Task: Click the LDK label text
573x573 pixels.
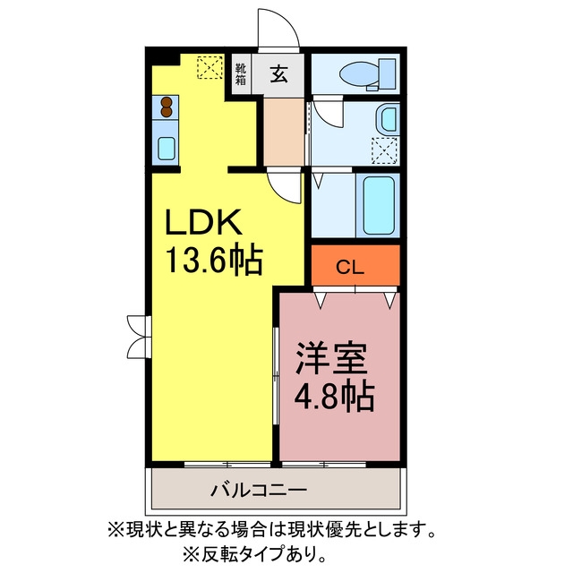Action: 204,222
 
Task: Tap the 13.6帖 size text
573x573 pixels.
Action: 215,260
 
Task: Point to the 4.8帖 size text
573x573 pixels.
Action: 334,397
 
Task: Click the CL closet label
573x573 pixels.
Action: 350,268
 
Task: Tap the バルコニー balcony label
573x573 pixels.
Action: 259,490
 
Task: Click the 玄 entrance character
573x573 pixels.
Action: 278,74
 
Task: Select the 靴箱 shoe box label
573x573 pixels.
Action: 241,74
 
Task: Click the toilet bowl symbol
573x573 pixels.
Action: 367,74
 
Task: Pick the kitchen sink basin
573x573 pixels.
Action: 167,148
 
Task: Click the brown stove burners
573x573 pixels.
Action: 167,107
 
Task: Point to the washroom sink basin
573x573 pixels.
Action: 388,119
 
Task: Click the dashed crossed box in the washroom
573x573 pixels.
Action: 384,150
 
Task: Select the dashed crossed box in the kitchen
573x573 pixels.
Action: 210,66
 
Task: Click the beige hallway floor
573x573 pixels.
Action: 284,132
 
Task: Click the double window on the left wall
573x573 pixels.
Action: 140,337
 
